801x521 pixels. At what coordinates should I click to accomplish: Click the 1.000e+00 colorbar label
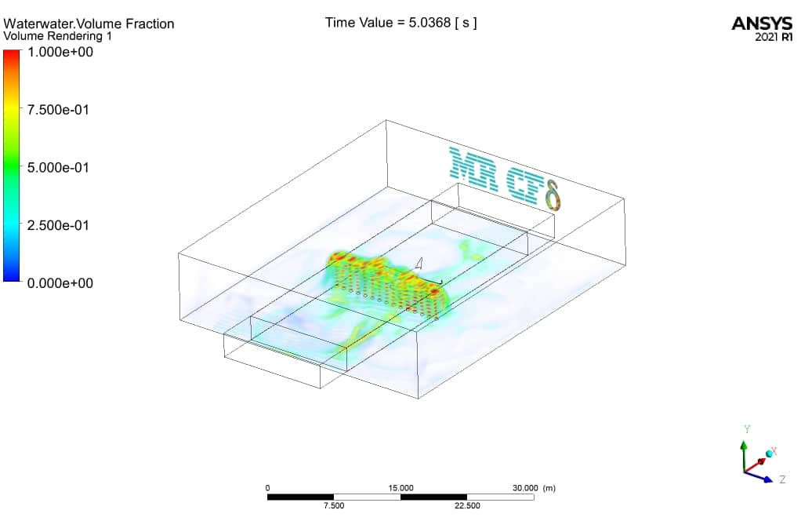click(60, 52)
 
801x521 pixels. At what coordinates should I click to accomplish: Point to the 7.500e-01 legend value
click(58, 110)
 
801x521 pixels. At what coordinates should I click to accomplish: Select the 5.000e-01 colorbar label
click(58, 168)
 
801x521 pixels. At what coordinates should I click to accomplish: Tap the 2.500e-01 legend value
click(58, 225)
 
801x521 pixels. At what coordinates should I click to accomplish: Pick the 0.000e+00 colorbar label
click(60, 283)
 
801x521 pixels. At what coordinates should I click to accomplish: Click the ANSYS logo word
click(762, 24)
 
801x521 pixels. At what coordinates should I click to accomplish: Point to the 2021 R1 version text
click(774, 37)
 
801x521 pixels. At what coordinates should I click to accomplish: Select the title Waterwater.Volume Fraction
click(89, 24)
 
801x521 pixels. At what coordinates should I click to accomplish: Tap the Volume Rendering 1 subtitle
click(58, 36)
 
